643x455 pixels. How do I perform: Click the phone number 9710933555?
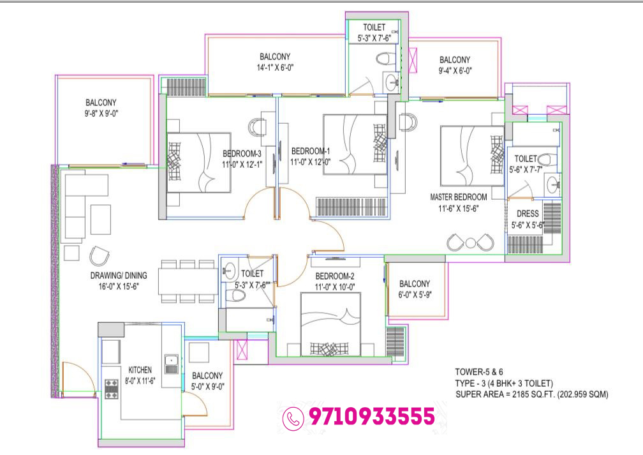(371, 417)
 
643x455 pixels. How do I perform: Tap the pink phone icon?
(293, 417)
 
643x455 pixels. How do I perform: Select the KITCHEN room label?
(140, 369)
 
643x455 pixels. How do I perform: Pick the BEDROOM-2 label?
(335, 276)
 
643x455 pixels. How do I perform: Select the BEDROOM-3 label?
(242, 153)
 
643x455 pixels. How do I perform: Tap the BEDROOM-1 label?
(311, 151)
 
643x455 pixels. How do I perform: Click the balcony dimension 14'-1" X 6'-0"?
(276, 68)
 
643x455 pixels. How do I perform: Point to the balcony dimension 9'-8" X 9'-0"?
(103, 114)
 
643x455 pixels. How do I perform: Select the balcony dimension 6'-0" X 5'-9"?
(415, 295)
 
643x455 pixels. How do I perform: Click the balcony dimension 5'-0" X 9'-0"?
(207, 387)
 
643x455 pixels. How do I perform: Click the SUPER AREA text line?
(531, 395)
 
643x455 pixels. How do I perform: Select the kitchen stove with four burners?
(112, 389)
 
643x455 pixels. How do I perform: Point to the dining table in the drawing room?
(188, 281)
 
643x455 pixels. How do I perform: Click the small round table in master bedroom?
(470, 242)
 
